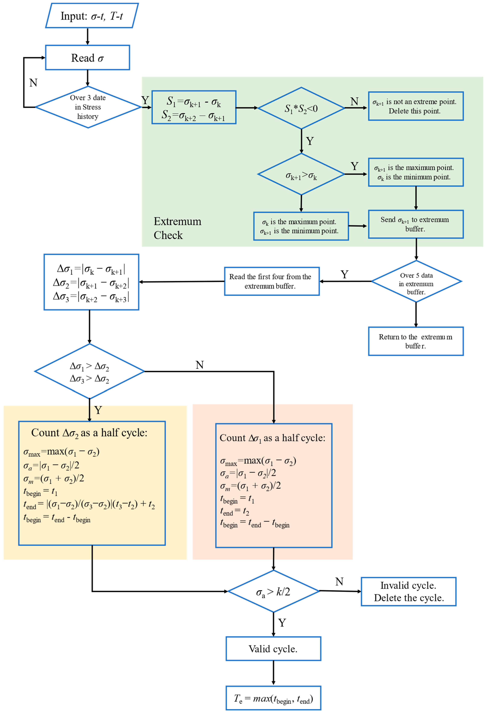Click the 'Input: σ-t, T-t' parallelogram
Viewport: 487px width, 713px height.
(92, 16)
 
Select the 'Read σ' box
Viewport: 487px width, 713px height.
(88, 58)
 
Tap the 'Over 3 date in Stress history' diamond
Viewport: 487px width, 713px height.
(88, 107)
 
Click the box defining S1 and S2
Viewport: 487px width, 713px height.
(194, 107)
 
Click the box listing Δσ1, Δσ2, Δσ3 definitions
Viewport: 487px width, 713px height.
(91, 282)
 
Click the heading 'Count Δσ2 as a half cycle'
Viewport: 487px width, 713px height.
(89, 433)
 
